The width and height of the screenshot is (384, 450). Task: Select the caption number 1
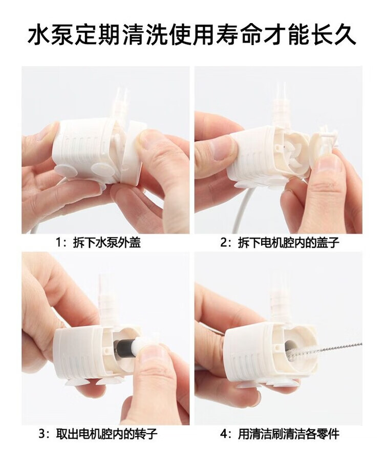[58, 243]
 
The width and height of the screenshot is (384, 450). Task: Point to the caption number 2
[224, 243]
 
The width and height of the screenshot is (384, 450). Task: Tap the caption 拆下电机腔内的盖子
[289, 243]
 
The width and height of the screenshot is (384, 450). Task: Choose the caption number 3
[42, 434]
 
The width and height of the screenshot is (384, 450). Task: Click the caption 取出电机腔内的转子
[107, 434]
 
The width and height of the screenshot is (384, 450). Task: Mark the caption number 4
[224, 434]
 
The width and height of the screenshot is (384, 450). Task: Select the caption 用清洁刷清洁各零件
[289, 434]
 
